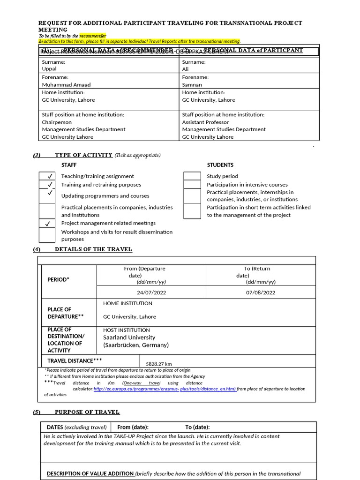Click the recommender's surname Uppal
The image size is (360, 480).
click(x=49, y=69)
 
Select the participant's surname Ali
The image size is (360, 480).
click(x=186, y=69)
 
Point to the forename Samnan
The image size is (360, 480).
click(x=192, y=84)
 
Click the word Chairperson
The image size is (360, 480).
click(x=57, y=122)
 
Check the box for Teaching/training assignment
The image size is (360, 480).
click(x=47, y=176)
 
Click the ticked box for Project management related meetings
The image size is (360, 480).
click(x=47, y=224)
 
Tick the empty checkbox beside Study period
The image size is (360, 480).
click(x=192, y=176)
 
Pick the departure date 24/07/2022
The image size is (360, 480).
click(x=151, y=292)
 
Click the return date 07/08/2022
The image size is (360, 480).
click(x=261, y=292)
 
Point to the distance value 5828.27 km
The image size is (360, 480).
click(x=159, y=364)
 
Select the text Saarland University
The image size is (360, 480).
click(x=129, y=337)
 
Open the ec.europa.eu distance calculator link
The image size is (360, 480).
click(x=165, y=389)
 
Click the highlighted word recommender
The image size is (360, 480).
click(x=93, y=36)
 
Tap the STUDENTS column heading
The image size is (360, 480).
click(x=220, y=165)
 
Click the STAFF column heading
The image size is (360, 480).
click(x=69, y=165)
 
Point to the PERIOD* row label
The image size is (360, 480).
click(x=59, y=280)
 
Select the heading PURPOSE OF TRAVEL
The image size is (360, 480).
click(x=87, y=412)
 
